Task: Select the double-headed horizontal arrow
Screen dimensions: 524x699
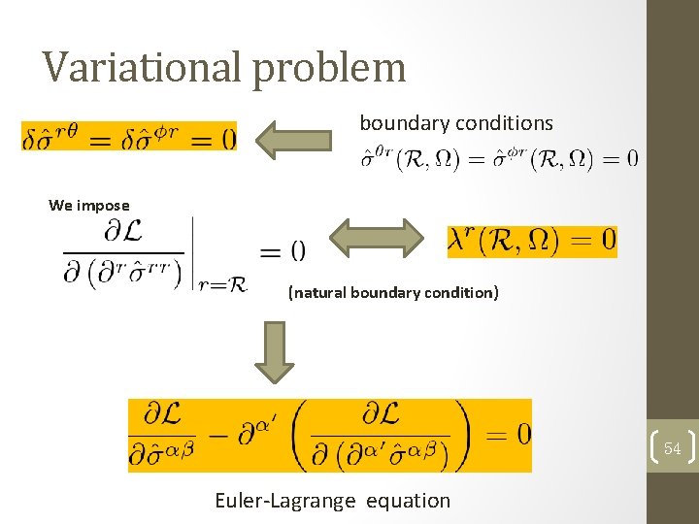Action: click(x=378, y=239)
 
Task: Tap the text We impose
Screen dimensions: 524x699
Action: click(x=88, y=205)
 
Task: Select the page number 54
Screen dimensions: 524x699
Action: click(x=672, y=448)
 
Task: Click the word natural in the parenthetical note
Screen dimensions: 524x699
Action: click(x=318, y=292)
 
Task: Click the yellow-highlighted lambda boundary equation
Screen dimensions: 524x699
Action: click(x=532, y=240)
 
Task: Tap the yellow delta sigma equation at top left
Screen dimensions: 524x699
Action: click(x=129, y=137)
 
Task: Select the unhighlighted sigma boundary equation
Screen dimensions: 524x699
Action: click(x=500, y=157)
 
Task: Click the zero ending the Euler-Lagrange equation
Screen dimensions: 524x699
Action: click(x=522, y=434)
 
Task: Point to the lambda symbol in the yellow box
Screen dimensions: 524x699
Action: click(x=459, y=241)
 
